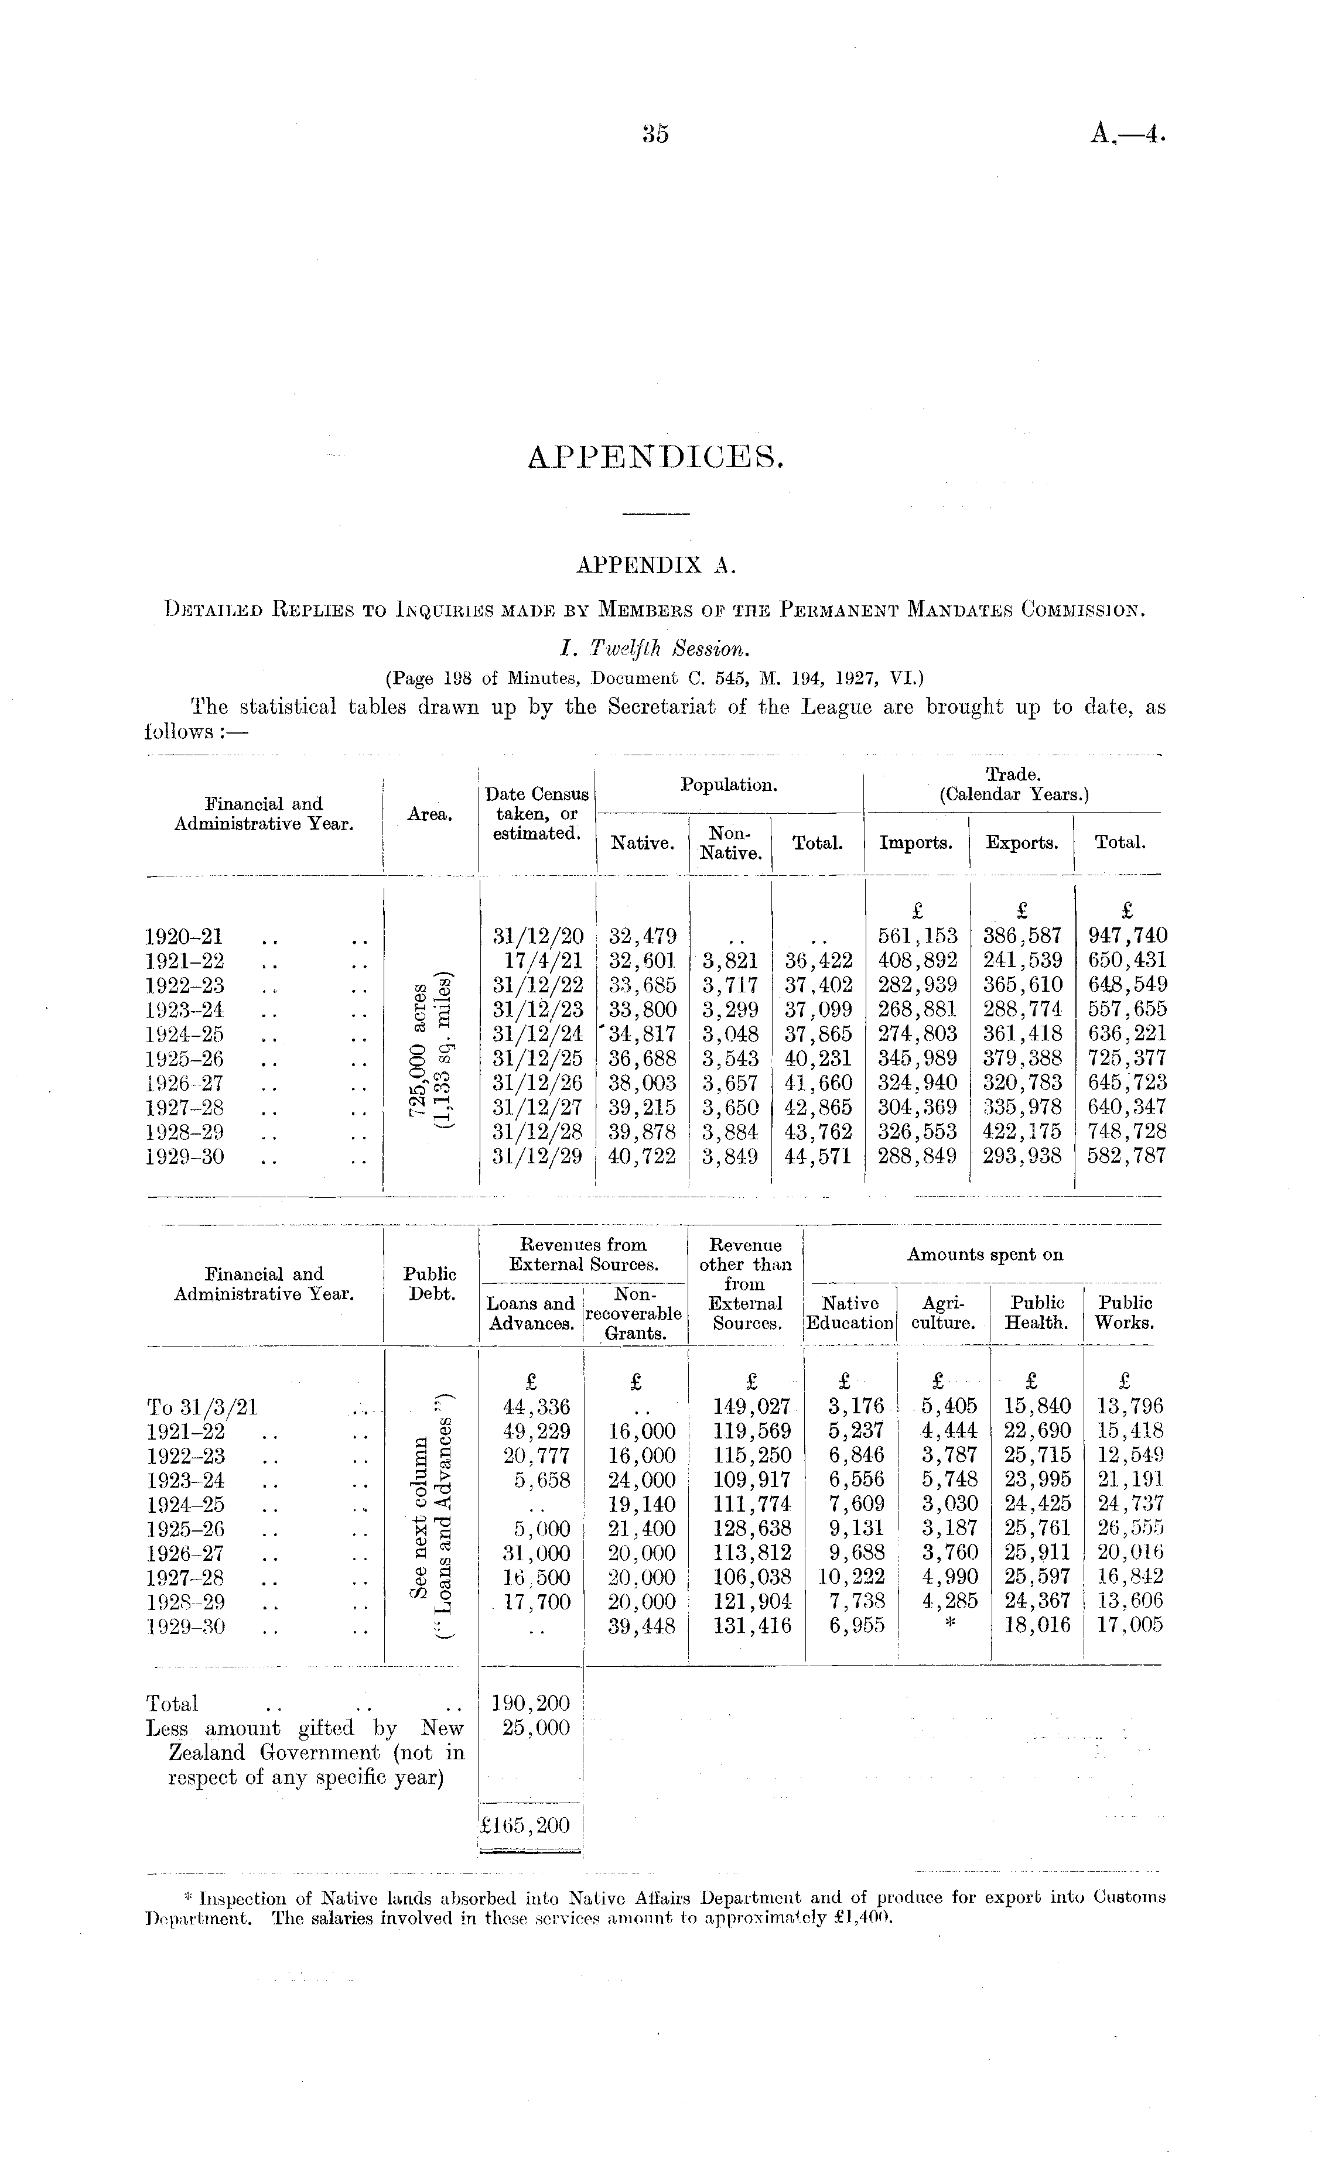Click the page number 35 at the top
point(655,133)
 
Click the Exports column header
point(1021,842)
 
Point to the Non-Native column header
point(730,842)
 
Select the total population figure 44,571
point(818,1156)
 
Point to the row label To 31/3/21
point(201,1407)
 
